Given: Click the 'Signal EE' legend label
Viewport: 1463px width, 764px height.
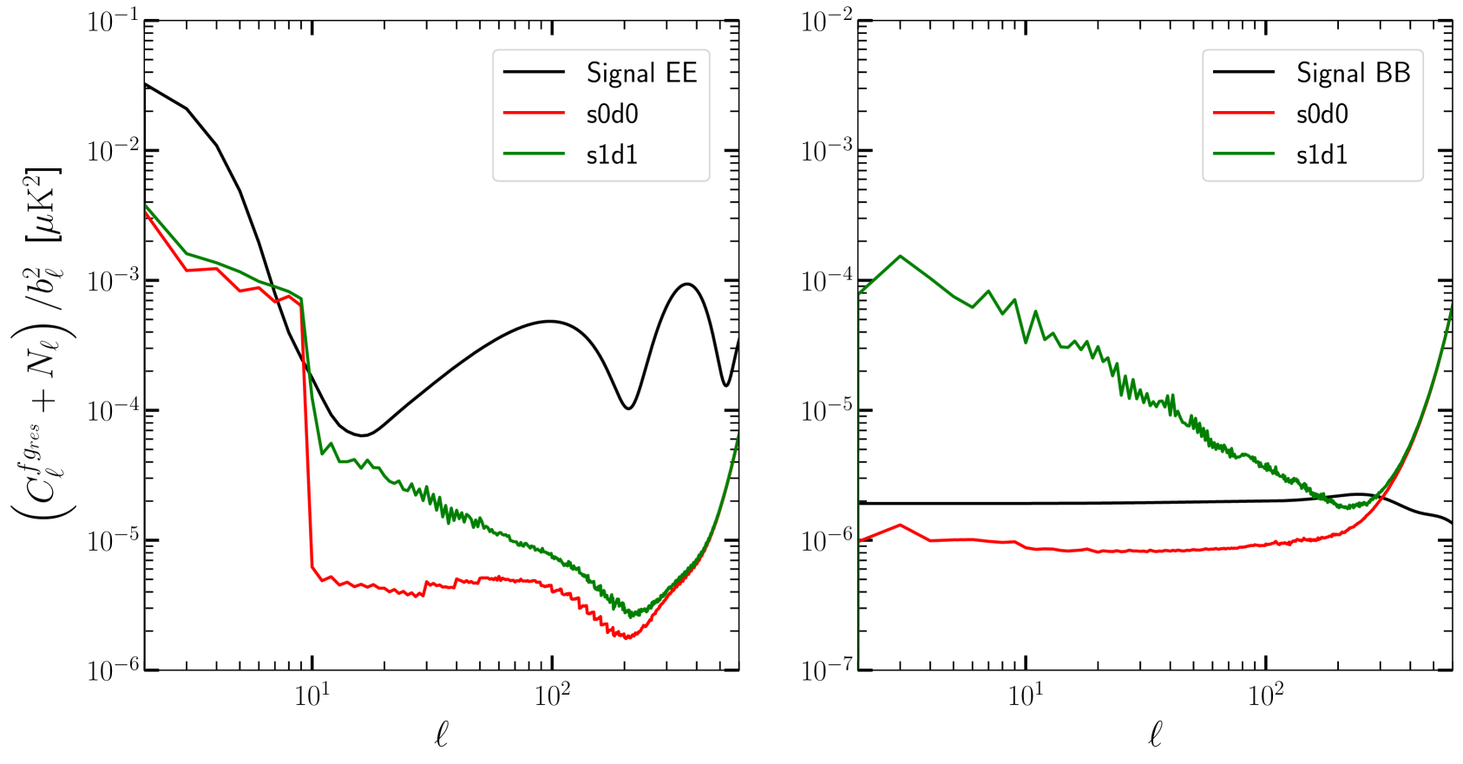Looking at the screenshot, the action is [x=642, y=73].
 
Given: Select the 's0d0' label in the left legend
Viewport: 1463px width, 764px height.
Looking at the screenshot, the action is [x=612, y=114].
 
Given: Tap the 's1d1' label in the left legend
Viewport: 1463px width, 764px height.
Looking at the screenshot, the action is [x=612, y=155].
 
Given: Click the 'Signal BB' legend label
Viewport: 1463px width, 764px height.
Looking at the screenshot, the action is [x=1354, y=73].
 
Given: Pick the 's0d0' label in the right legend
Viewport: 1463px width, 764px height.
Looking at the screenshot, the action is [x=1322, y=114].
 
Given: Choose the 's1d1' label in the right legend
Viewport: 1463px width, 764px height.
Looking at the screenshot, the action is [x=1322, y=155].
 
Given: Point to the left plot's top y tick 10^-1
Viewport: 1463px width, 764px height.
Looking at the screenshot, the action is [x=110, y=22].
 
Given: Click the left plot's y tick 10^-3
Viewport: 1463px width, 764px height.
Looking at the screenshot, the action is [x=110, y=282].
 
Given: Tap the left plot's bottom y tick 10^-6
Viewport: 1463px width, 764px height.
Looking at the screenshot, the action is [x=110, y=670].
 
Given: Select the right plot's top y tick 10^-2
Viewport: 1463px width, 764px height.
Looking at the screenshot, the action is [x=823, y=22].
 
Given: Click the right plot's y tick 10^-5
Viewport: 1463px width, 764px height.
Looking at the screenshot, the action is [x=823, y=411].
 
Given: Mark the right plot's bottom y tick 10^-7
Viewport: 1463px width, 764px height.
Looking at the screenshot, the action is [x=823, y=670].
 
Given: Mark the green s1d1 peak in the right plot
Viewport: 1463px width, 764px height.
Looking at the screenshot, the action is [x=901, y=256].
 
